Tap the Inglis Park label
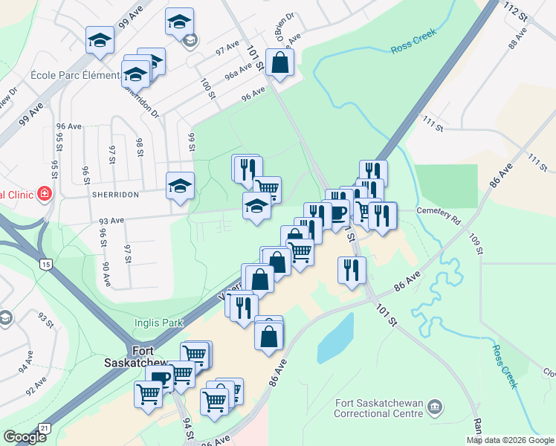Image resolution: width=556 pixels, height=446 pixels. [155, 323]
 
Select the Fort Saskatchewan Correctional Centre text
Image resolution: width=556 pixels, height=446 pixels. [379, 408]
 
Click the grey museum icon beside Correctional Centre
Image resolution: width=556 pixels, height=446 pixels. [435, 407]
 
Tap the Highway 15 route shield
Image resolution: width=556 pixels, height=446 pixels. [46, 264]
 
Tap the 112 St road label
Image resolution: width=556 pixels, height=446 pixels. [512, 11]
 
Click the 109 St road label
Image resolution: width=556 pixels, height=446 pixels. [476, 245]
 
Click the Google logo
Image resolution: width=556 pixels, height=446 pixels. [25, 437]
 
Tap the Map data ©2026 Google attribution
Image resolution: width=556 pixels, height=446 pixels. [509, 440]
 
